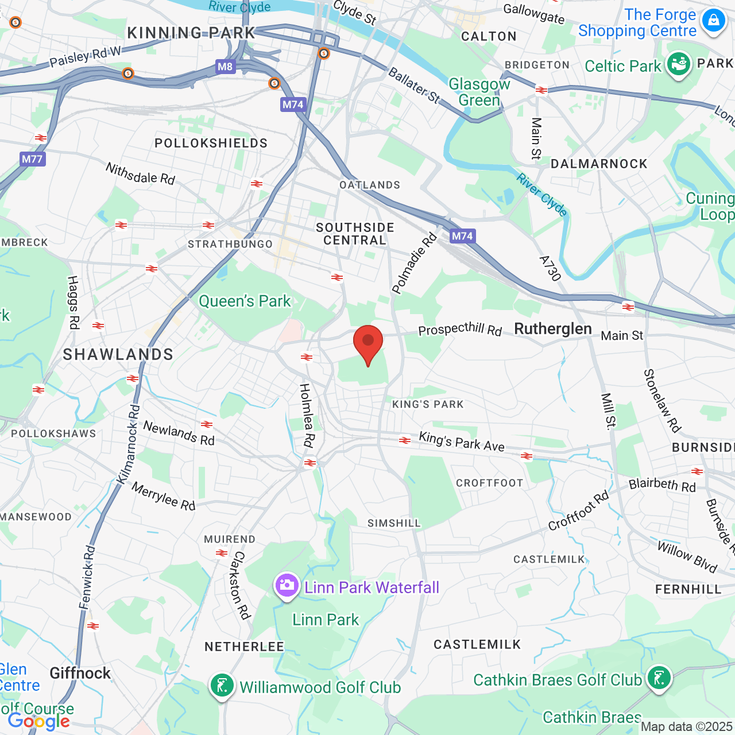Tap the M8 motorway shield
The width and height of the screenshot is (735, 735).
click(225, 67)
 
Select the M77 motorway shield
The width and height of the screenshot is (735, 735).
click(32, 159)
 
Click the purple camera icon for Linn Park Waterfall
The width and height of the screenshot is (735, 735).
click(287, 586)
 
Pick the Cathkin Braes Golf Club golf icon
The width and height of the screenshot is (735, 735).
click(659, 678)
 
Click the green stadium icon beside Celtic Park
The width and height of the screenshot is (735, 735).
click(678, 64)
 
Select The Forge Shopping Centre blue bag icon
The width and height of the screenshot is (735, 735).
click(713, 21)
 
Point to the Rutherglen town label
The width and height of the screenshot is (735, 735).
click(552, 329)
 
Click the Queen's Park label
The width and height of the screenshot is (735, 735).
click(245, 301)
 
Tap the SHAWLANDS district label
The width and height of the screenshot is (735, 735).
click(118, 355)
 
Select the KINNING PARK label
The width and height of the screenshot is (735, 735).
click(191, 33)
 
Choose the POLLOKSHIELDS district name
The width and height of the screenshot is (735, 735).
click(211, 143)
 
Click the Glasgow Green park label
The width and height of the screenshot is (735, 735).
click(479, 92)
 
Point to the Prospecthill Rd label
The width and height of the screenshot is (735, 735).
click(460, 330)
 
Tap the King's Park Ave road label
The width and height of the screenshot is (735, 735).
click(461, 441)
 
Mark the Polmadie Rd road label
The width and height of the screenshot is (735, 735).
click(414, 263)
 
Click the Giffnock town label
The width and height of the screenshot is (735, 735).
click(80, 673)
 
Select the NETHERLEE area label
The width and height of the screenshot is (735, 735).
click(244, 647)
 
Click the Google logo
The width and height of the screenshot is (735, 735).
click(38, 721)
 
